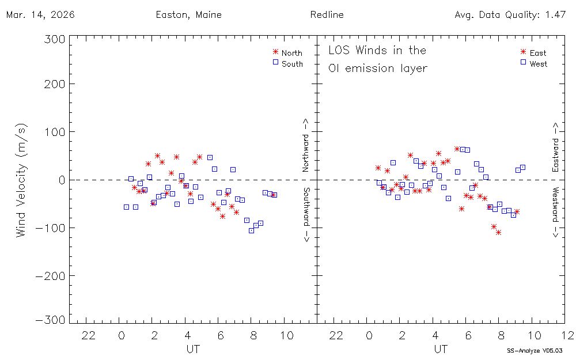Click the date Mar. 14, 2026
(40, 15)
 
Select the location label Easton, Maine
(188, 15)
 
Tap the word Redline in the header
(327, 15)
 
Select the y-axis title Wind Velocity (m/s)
(21, 180)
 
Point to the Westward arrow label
(556, 212)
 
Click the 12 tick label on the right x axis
(568, 335)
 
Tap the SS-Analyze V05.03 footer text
(534, 350)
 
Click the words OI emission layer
(377, 68)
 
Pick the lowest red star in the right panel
(498, 232)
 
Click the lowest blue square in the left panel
(251, 230)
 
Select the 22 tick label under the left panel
(88, 335)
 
